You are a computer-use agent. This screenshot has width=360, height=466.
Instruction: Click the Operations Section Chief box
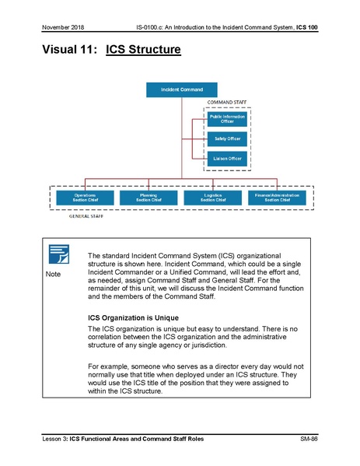[85, 198]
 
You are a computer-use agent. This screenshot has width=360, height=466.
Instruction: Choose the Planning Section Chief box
[148, 198]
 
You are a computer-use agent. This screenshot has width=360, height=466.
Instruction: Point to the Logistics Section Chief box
[211, 198]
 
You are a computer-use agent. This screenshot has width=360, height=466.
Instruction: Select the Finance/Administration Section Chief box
[277, 198]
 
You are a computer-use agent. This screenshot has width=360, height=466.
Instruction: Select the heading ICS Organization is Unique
[134, 317]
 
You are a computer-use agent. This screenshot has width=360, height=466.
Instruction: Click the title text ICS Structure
[145, 51]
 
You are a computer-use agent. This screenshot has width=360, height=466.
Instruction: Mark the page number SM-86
[309, 440]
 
